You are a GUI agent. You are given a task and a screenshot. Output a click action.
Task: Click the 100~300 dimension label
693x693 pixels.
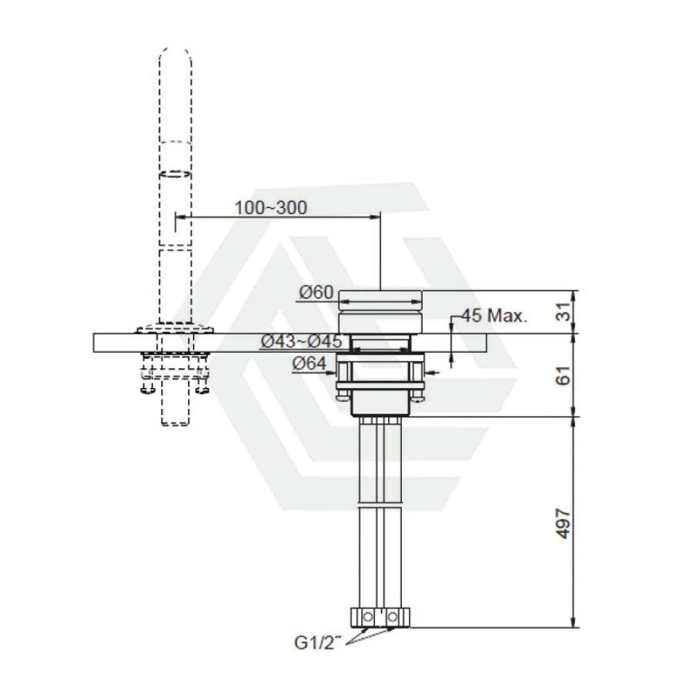click(270, 207)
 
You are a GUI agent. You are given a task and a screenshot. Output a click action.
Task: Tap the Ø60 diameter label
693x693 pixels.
click(316, 292)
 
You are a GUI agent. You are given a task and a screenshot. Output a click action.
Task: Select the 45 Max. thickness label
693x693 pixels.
click(494, 316)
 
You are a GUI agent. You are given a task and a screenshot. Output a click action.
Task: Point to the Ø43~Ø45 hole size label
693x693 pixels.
click(301, 341)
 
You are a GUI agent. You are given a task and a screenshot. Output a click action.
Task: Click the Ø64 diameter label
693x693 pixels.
click(310, 363)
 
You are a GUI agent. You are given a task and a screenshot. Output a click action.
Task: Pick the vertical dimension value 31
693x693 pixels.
click(563, 312)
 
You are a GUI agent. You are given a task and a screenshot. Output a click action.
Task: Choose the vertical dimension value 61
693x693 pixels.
click(563, 375)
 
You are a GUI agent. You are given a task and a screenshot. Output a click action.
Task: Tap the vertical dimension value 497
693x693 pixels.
click(563, 524)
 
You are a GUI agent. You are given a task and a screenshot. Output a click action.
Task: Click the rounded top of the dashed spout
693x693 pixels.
click(176, 55)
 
